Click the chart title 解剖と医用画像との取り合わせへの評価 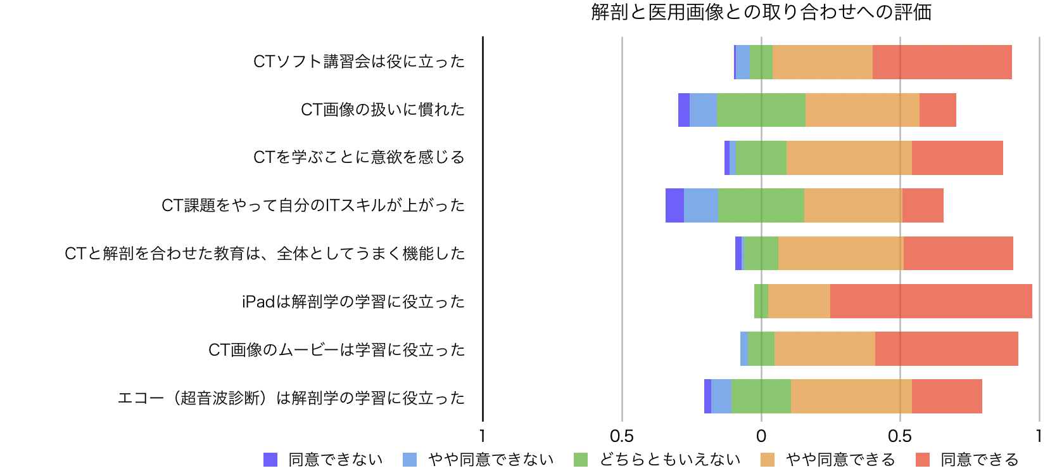click(x=761, y=13)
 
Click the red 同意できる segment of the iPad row click(x=930, y=301)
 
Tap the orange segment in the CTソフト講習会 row click(x=822, y=62)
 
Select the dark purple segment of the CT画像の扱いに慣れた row click(x=684, y=110)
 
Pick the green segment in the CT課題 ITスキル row click(x=761, y=205)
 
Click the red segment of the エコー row click(x=947, y=396)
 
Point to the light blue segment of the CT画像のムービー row click(x=744, y=349)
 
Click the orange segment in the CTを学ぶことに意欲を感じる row click(x=849, y=158)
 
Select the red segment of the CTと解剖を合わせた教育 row click(x=958, y=254)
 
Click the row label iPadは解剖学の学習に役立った click(x=353, y=302)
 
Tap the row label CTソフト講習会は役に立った click(x=359, y=62)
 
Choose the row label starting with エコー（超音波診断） click(x=291, y=398)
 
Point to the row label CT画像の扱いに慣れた click(x=383, y=110)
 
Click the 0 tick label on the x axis click(x=761, y=436)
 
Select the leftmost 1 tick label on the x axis click(x=483, y=436)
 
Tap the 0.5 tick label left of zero click(x=621, y=436)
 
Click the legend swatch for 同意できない click(x=270, y=460)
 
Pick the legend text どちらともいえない click(x=670, y=460)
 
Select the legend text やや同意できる click(x=840, y=460)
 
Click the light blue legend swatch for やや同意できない click(x=410, y=460)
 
